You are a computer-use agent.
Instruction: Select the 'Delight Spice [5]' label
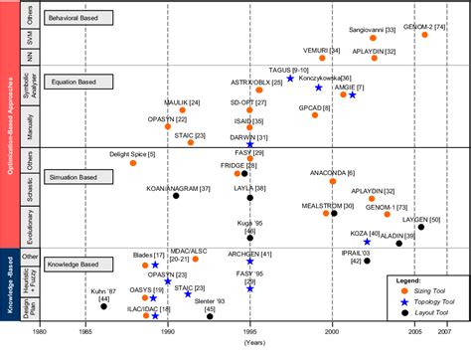click(x=132, y=153)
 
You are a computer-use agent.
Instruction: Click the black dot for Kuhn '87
click(x=103, y=306)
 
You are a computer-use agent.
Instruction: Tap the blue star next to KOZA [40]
click(x=367, y=242)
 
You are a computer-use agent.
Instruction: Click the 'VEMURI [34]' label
click(x=320, y=50)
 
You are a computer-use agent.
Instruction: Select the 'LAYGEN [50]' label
click(x=422, y=218)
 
